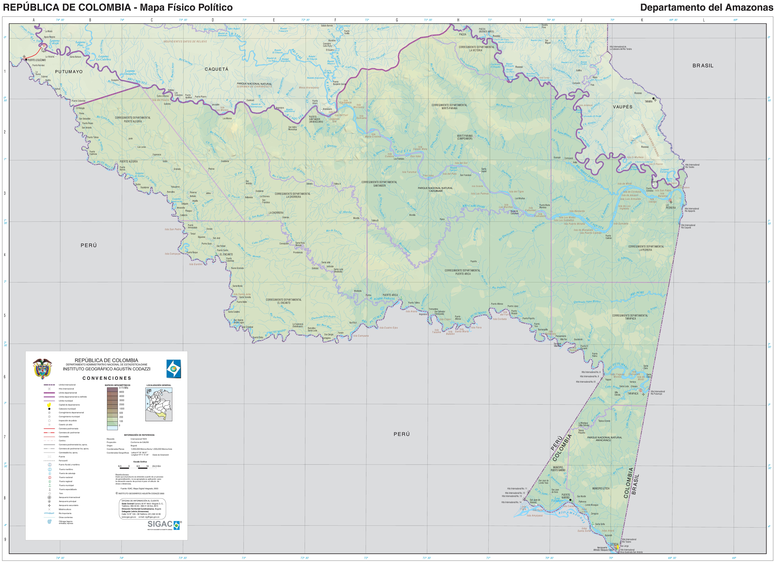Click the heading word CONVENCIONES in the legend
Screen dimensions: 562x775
click(107, 378)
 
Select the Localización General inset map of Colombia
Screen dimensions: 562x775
click(159, 404)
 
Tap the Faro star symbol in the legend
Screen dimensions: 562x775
click(50, 493)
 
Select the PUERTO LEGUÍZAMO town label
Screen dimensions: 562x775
click(37, 60)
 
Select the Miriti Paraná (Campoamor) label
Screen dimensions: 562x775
click(465, 137)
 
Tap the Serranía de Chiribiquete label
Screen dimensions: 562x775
click(255, 86)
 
